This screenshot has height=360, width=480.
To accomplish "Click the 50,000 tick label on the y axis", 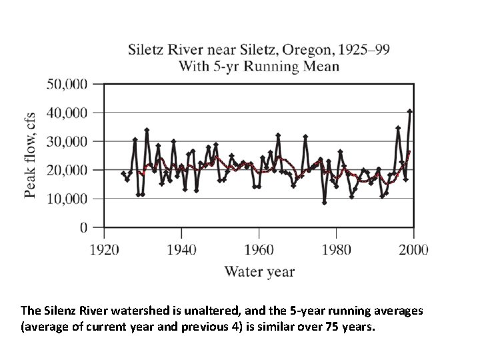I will point(67,84).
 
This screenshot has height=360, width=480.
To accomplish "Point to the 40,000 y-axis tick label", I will point(67,113).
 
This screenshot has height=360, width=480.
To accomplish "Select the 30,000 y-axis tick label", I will point(67,141).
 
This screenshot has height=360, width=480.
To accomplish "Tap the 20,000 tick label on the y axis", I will point(67,170).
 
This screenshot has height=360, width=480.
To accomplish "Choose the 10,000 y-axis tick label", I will point(67,199).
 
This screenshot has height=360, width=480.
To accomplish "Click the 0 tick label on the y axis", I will point(83,227).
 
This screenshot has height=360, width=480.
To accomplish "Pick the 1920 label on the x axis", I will point(104,250).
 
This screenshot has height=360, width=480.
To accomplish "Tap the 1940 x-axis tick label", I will point(181,250).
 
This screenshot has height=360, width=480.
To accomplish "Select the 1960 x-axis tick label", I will point(259,250).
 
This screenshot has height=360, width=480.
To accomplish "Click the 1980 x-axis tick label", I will point(336,250).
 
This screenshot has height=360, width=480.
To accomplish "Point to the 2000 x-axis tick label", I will point(413,250).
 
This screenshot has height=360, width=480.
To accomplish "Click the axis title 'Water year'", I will point(259,271).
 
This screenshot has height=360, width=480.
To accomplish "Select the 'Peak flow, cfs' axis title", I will point(31,155).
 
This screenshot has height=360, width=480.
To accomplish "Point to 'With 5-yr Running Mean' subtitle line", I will point(259,66).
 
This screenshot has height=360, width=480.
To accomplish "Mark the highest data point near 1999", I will point(410,111).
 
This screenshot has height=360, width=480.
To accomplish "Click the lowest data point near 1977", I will point(325,203).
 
